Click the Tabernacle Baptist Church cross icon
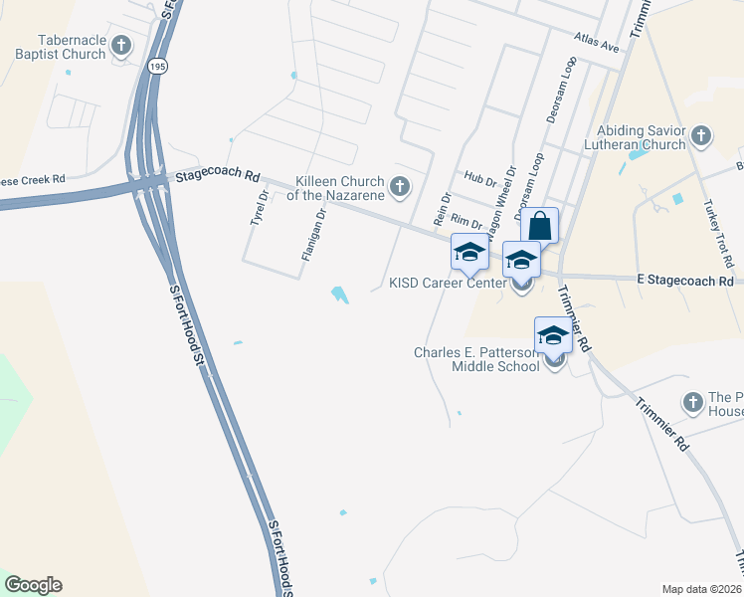point(121,46)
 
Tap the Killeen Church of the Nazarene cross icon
point(400,185)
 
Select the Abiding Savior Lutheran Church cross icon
point(700,136)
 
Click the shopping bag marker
point(539,226)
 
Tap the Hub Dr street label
point(479,179)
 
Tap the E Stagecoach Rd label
point(684,282)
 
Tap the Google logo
point(33,585)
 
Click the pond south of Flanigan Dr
point(340,295)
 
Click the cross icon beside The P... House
point(693,402)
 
